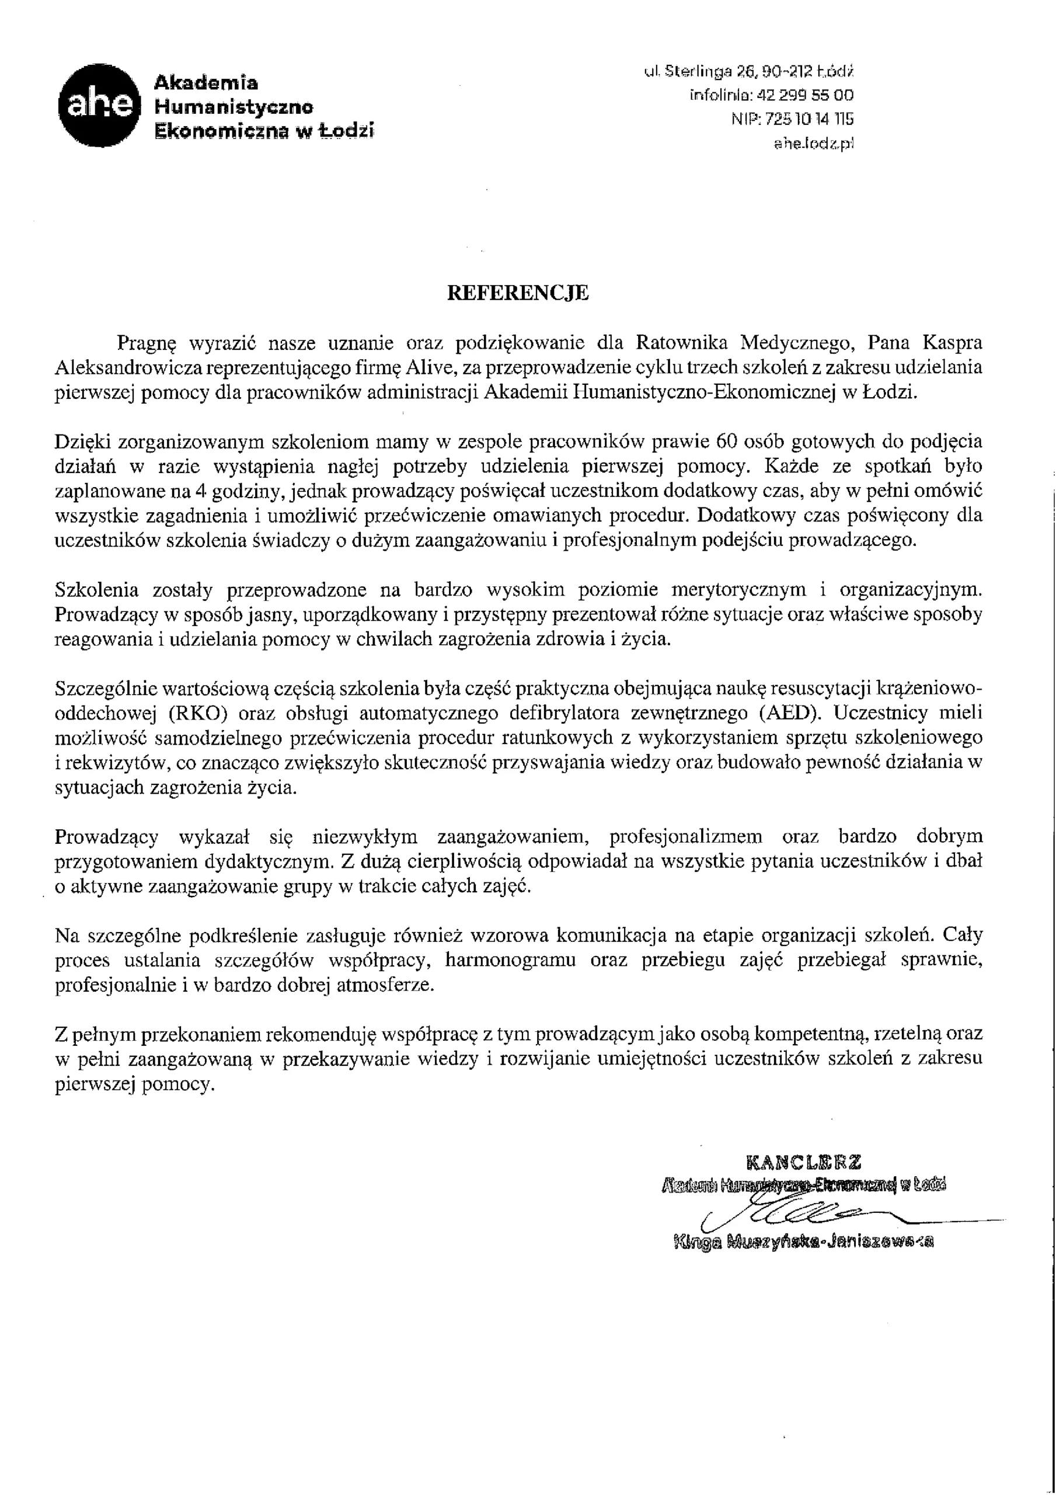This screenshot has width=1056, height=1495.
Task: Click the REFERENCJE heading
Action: [x=518, y=293]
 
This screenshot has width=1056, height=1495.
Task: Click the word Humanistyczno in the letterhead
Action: [x=232, y=107]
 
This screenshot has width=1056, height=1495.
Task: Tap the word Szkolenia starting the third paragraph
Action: [x=97, y=590]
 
